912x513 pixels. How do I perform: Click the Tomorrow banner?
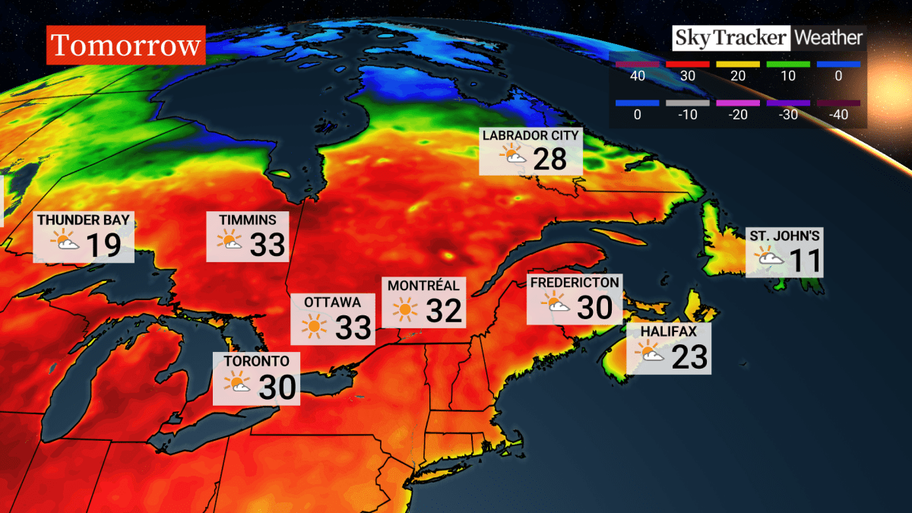tap(126, 46)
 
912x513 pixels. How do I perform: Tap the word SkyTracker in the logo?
tap(730, 37)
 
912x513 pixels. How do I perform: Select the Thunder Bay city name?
tap(84, 220)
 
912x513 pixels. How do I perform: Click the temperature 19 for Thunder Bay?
tap(103, 246)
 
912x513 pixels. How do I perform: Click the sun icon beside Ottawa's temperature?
tap(314, 328)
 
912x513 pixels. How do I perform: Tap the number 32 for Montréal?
tap(445, 310)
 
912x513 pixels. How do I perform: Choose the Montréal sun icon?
tap(405, 309)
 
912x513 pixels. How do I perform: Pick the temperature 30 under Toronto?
tap(277, 388)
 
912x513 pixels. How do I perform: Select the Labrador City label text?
tap(530, 135)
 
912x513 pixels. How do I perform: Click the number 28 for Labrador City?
tap(550, 160)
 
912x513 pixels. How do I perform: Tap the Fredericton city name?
tap(574, 283)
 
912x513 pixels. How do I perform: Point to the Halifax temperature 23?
tap(689, 356)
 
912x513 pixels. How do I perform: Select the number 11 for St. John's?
tap(805, 261)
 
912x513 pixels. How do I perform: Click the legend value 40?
tap(637, 77)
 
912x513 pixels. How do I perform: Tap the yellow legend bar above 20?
tap(737, 65)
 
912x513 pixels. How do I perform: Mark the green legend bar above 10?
tap(787, 65)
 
